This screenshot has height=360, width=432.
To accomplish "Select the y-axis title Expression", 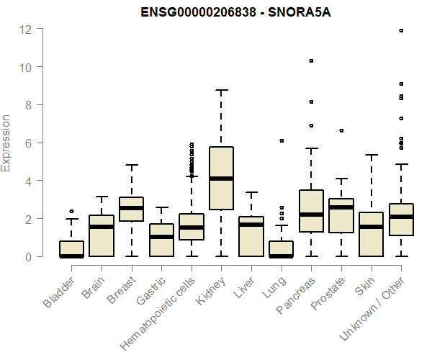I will click(x=6, y=143).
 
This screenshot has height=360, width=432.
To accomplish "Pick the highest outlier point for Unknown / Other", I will click(x=401, y=30).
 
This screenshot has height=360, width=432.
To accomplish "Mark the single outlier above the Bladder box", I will click(x=71, y=212).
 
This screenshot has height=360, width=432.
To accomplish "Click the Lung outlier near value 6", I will click(x=282, y=140).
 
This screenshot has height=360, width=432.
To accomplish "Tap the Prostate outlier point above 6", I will click(x=341, y=131).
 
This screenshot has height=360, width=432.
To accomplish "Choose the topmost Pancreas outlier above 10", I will click(x=311, y=61).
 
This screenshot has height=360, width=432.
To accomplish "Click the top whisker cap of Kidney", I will click(x=221, y=90).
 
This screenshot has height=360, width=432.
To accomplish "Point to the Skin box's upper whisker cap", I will click(x=372, y=155).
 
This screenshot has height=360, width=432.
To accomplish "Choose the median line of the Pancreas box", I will click(x=311, y=215).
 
